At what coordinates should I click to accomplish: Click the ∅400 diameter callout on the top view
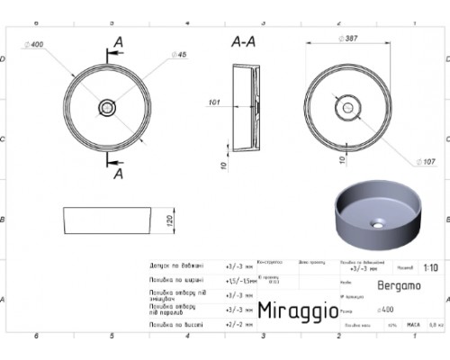pyautogui.click(x=38, y=44)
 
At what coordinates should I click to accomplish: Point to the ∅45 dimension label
pyautogui.click(x=181, y=56)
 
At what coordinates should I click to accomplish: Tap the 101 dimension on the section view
pyautogui.click(x=214, y=102)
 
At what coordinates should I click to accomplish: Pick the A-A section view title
pyautogui.click(x=242, y=41)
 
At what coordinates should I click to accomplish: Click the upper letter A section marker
pyautogui.click(x=118, y=43)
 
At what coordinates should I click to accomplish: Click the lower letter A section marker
pyautogui.click(x=118, y=174)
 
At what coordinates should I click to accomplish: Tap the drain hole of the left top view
pyautogui.click(x=107, y=107)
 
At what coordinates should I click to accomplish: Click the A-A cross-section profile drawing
pyautogui.click(x=245, y=107)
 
